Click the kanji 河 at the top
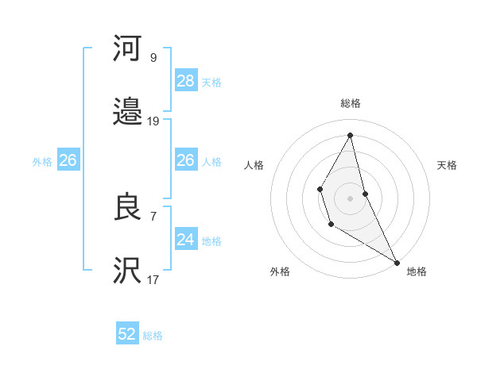(x=127, y=49)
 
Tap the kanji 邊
(x=127, y=111)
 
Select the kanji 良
(x=127, y=207)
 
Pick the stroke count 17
(x=153, y=279)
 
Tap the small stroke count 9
(x=153, y=57)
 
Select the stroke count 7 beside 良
(x=153, y=216)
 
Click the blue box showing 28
(x=186, y=80)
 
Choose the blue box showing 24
(x=186, y=239)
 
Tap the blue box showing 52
(x=127, y=334)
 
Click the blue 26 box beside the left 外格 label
(x=68, y=160)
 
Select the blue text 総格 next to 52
(x=153, y=336)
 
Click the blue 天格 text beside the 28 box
(x=211, y=83)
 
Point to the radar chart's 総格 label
(x=351, y=103)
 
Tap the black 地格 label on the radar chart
(x=417, y=271)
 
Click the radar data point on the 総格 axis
(x=351, y=135)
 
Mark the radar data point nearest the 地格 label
(x=397, y=262)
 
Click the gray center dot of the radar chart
(x=351, y=197)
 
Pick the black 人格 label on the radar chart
(x=254, y=165)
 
